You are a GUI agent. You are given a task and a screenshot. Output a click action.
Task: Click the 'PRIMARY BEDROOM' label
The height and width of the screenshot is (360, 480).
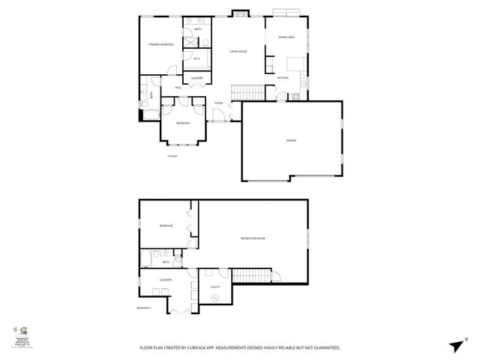tap(160, 45)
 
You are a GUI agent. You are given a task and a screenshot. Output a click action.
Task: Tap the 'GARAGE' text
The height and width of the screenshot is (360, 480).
tap(290, 140)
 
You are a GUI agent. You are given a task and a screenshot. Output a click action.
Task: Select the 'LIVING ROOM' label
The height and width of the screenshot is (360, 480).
tap(238, 51)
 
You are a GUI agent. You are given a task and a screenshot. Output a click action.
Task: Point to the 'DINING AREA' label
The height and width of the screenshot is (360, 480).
tap(286, 37)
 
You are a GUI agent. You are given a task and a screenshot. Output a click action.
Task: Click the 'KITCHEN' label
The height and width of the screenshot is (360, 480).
tap(283, 78)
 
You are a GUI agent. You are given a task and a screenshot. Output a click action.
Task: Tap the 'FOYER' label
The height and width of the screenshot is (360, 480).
tap(219, 103)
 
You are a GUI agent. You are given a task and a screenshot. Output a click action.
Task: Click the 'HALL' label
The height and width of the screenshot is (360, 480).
tap(178, 88)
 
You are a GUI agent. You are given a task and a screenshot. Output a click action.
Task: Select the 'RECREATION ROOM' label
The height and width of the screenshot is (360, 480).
tap(253, 238)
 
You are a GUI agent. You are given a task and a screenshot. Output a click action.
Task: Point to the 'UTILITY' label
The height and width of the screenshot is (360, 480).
tap(214, 286)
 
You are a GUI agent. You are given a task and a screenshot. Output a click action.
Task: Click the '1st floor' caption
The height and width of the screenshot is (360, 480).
tap(172, 156)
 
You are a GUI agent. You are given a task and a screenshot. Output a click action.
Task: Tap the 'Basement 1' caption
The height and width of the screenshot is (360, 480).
tap(144, 307)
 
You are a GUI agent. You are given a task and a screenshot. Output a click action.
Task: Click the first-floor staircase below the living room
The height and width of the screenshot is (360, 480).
tap(249, 91)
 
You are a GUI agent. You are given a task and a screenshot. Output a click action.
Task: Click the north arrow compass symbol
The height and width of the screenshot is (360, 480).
tap(455, 345)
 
